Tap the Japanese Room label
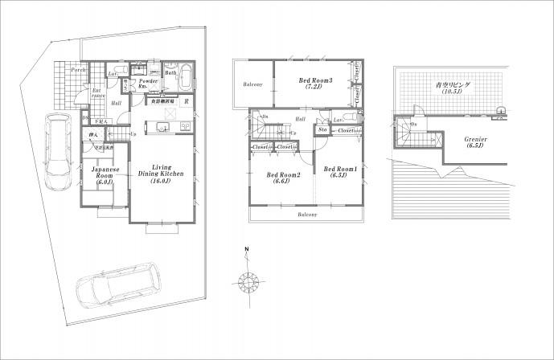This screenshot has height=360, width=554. (x=105, y=176)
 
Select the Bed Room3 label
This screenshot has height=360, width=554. (x=315, y=83)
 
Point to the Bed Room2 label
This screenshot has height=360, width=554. (x=284, y=179)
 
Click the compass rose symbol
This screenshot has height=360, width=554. (x=247, y=282)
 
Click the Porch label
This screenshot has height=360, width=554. (x=79, y=70)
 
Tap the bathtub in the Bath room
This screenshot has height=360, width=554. (x=185, y=81)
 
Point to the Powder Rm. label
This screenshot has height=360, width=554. (x=148, y=84)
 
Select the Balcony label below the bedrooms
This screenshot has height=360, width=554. (x=306, y=215)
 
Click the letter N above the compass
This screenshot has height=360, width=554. (x=248, y=249)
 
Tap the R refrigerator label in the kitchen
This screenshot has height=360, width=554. (x=187, y=102)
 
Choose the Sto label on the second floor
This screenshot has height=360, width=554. (x=322, y=129)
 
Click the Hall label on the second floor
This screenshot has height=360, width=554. (x=299, y=119)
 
